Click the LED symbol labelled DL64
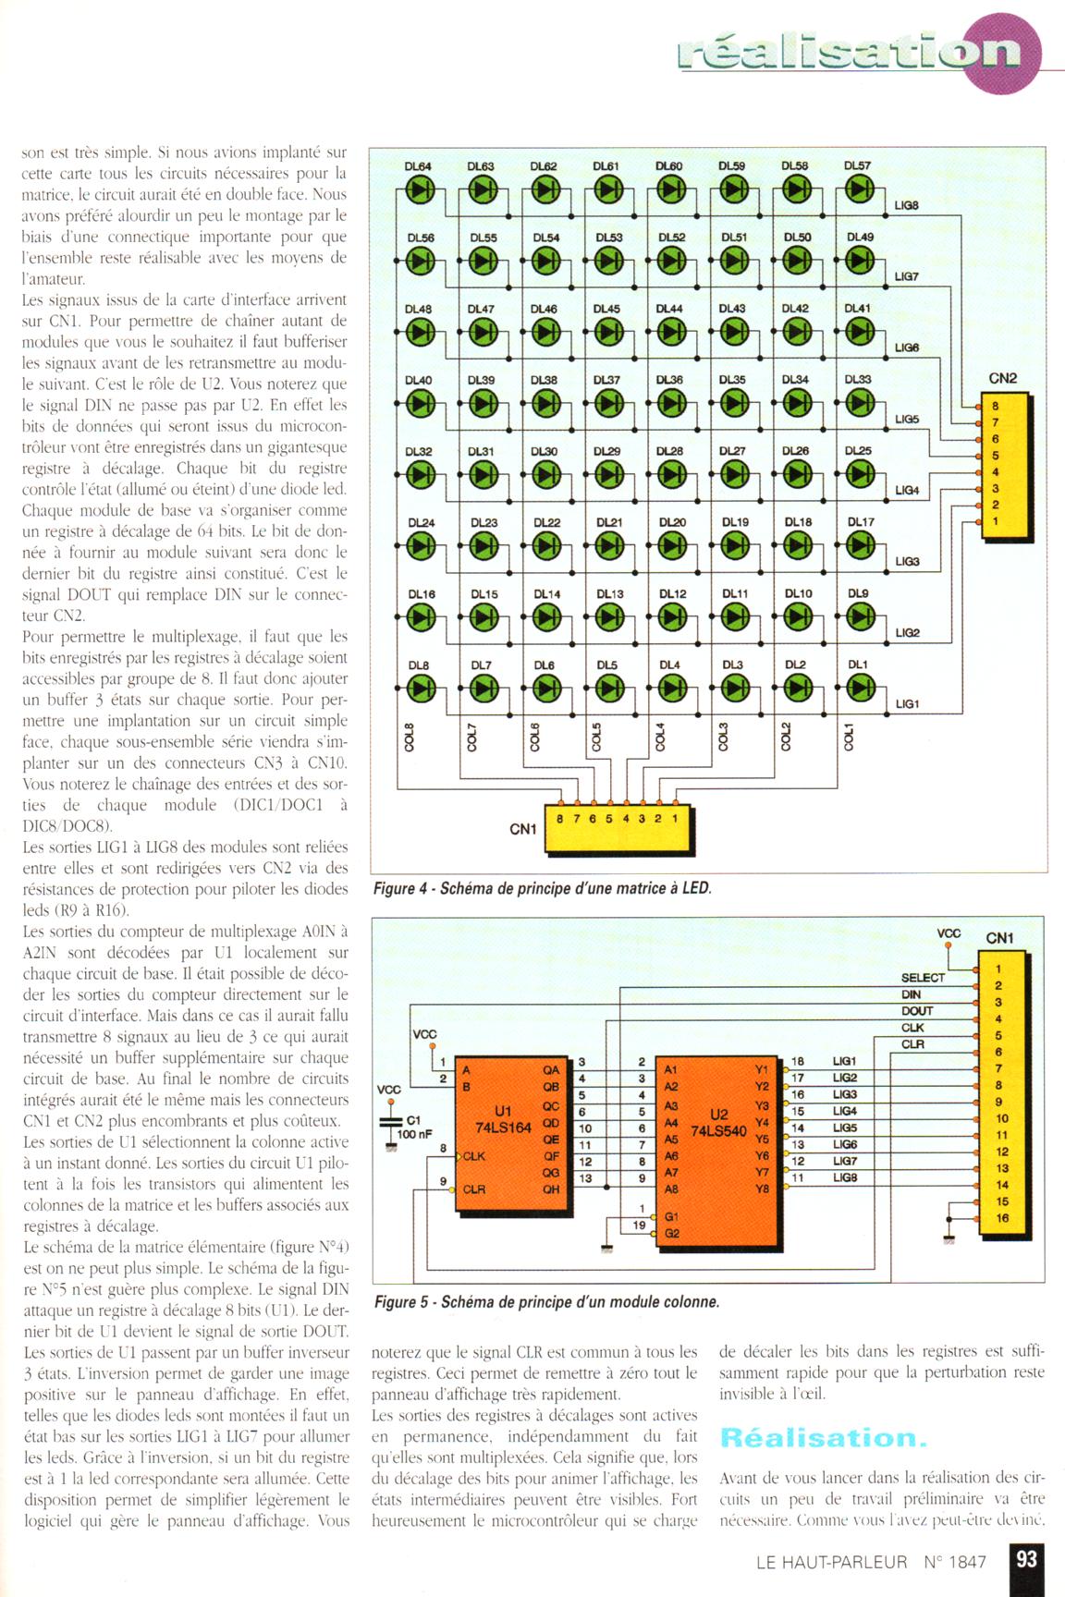point(419,189)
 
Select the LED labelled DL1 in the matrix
point(859,687)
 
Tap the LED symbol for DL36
point(670,402)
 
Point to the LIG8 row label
point(907,205)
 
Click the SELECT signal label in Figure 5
point(923,977)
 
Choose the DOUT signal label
point(917,1010)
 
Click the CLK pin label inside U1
point(475,1156)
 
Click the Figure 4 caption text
point(543,888)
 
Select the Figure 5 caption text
point(547,1301)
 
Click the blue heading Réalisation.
point(823,1437)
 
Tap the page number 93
point(1026,1559)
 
